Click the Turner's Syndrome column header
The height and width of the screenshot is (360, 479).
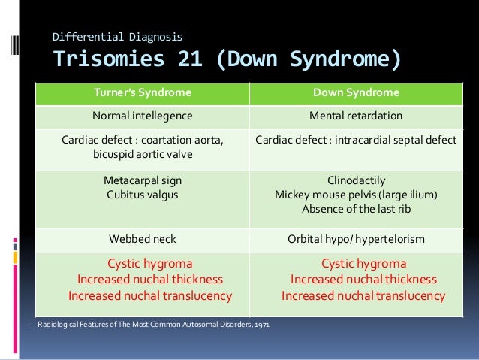click(142, 93)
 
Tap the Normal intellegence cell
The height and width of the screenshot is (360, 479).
click(142, 116)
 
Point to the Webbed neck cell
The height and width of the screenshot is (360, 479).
click(142, 239)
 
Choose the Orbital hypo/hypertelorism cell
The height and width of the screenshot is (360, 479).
click(356, 239)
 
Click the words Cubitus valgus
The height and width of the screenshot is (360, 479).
click(142, 195)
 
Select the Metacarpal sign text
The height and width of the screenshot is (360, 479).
click(142, 180)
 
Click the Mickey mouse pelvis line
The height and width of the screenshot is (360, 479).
click(356, 195)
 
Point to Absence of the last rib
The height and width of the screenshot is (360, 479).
click(356, 209)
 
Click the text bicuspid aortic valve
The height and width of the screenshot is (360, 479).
click(142, 154)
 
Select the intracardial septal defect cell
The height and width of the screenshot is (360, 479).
click(356, 140)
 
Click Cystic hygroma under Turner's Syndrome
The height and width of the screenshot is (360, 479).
click(149, 264)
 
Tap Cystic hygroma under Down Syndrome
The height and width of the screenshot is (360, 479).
click(363, 264)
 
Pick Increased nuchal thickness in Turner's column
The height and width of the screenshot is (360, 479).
click(149, 280)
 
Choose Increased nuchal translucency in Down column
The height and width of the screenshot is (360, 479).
click(363, 295)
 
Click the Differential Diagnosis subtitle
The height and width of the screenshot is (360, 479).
click(116, 36)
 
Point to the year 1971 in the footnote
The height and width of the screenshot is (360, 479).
click(262, 325)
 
